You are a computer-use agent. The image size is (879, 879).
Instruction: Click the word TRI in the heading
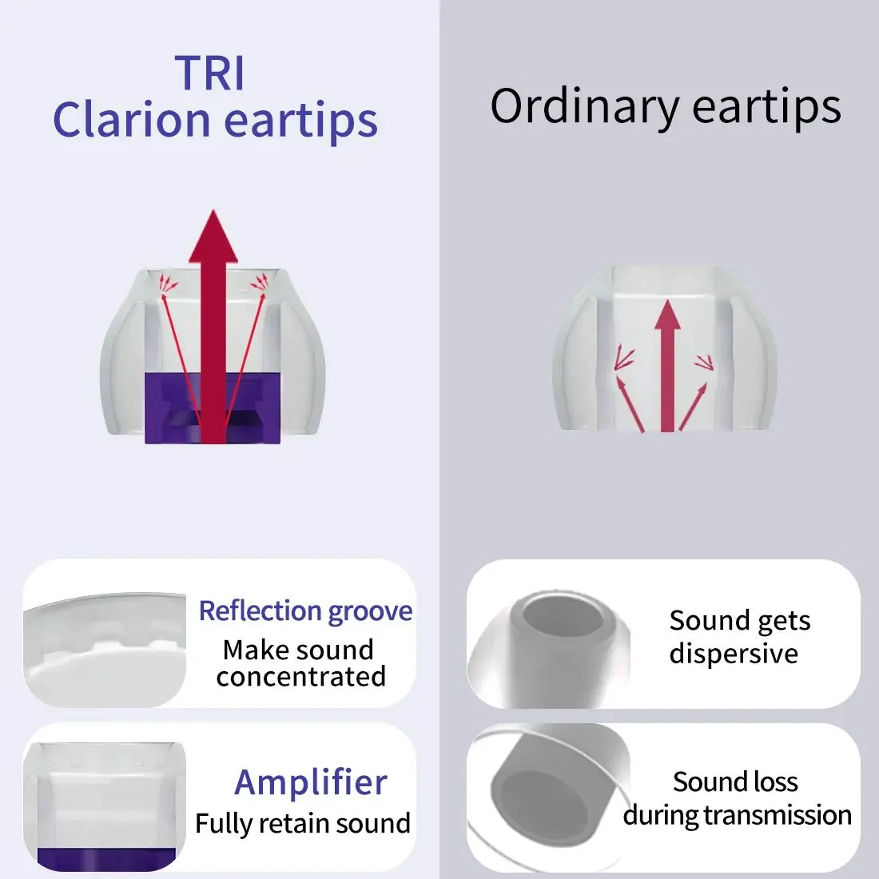coord(210,73)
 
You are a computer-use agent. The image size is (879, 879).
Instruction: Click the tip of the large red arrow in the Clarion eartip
coord(213,211)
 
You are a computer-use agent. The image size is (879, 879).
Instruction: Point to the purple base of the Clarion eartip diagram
coord(213,408)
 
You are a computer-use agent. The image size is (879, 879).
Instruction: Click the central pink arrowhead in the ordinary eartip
coord(667,315)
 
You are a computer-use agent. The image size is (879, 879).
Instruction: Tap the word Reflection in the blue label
coord(261,611)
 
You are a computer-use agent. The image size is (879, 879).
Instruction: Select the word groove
coord(371,611)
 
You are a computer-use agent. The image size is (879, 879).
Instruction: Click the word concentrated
coord(301,677)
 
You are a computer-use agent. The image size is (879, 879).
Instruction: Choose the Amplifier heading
coord(311,782)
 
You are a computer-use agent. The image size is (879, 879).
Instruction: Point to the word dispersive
coord(734,654)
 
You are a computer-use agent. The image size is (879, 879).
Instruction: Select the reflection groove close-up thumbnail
coord(105,650)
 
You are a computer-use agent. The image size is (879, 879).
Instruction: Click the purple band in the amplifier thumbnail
coord(106,859)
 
